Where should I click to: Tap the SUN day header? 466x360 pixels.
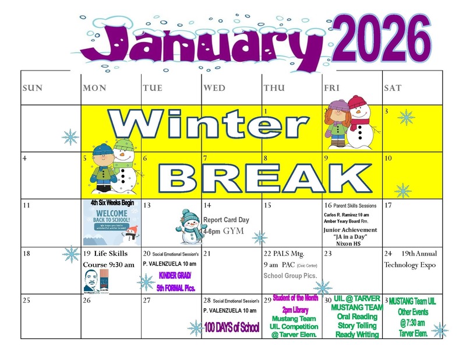32,88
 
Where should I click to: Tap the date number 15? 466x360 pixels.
268,206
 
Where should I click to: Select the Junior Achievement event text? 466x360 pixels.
350,230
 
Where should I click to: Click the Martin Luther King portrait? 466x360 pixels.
93,281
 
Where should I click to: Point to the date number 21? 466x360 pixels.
207,254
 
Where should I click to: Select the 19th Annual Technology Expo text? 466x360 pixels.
410,259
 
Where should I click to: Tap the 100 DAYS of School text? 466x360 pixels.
231,327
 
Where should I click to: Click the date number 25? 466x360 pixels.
26,301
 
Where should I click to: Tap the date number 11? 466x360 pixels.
26,206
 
